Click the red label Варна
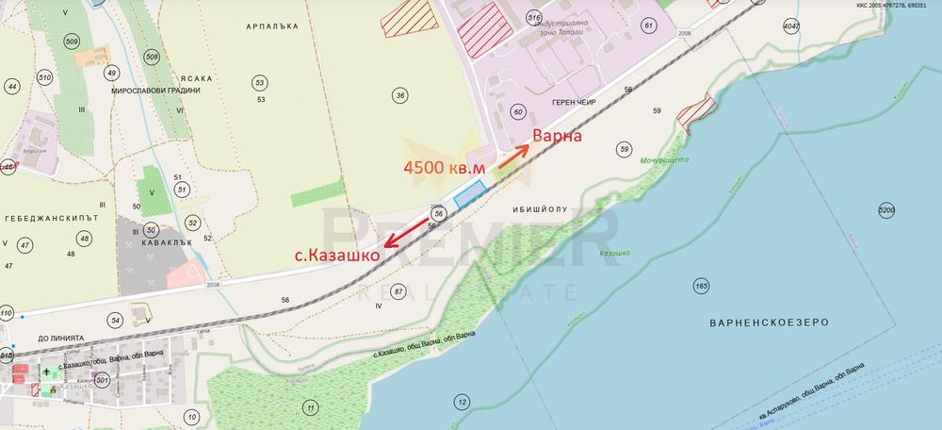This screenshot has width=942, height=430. coord(558,136)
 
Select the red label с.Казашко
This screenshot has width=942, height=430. coord(337,254)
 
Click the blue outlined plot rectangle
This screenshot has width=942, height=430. coord(469,193)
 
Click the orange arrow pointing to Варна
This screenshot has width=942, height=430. coord(513,157)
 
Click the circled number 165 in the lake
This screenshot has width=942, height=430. coord(700,285)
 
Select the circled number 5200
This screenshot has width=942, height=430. coord(885,209)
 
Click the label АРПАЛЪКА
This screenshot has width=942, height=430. coord(270,27)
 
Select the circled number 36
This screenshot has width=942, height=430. coord(400,95)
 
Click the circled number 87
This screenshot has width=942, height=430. coord(399,291)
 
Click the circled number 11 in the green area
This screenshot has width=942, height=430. coord(310,407)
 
